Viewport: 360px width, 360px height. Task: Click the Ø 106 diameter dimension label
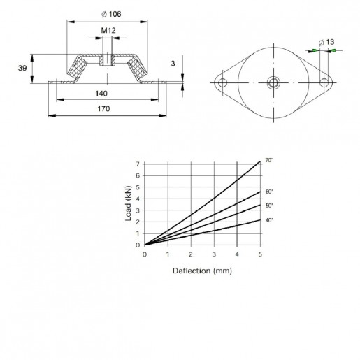(111, 14)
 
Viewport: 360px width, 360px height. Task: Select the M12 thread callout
(108, 31)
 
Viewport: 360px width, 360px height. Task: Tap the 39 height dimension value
(22, 68)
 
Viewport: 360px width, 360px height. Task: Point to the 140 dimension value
(101, 94)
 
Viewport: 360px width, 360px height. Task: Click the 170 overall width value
(103, 109)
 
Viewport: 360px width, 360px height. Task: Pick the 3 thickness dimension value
(173, 64)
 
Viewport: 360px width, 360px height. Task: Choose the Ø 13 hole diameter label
(326, 42)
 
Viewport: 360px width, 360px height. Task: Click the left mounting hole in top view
(222, 82)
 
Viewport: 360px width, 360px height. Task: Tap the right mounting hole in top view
(324, 82)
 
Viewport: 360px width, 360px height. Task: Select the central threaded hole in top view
(273, 82)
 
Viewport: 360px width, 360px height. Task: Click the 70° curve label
(269, 160)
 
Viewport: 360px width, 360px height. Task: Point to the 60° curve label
(269, 192)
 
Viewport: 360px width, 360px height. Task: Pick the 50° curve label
(269, 206)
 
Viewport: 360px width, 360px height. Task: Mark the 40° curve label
(269, 220)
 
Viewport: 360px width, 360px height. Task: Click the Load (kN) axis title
(129, 203)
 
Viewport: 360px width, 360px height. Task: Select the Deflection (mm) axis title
(202, 271)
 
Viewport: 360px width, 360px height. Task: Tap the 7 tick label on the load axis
(138, 164)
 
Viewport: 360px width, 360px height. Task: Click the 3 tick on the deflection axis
(214, 254)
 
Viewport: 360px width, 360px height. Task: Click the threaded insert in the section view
(107, 60)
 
